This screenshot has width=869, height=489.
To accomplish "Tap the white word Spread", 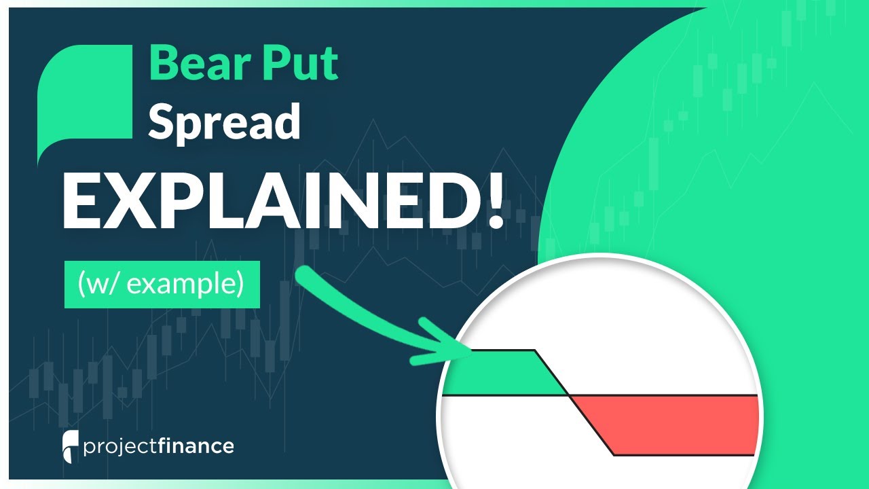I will [x=224, y=122].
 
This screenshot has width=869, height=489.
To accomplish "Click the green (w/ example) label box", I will [x=162, y=285].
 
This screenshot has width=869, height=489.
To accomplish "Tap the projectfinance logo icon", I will [x=69, y=446].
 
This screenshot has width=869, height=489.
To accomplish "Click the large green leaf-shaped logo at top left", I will [x=85, y=102].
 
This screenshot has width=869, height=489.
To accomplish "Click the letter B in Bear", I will [x=163, y=65].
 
